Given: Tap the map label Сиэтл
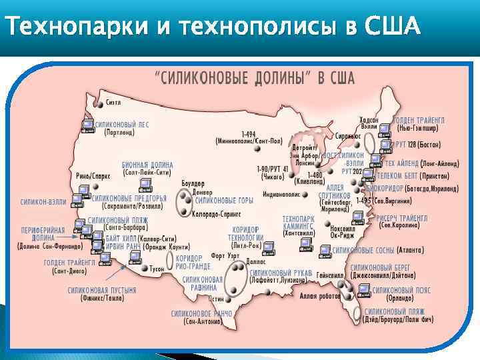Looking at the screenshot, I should (113, 103).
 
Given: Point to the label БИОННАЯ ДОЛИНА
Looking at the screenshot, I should (147, 165).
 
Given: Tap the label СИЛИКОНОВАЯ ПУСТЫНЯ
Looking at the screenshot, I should (101, 291).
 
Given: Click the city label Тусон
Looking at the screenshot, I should (157, 269).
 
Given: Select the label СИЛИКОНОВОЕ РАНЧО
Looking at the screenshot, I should (201, 313).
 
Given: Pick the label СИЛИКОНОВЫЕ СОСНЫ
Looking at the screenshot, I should (363, 251).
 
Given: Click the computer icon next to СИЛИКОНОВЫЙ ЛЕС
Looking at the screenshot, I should (87, 125).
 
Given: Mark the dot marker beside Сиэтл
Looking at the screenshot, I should (101, 104).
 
